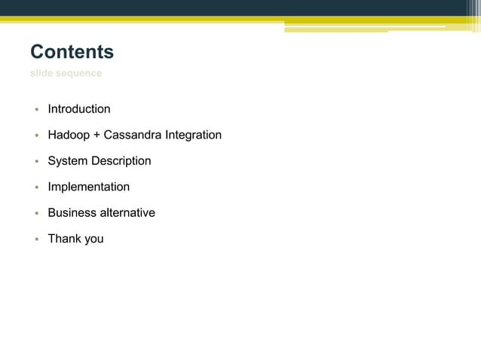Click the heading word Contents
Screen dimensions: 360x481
point(72,52)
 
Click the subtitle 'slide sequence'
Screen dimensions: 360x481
point(66,73)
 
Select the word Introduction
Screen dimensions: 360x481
point(79,109)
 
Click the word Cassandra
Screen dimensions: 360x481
point(132,136)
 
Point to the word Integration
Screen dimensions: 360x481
point(192,136)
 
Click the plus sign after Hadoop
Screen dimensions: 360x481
point(97,136)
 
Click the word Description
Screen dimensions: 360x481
point(121,161)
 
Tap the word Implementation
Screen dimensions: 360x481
point(89,187)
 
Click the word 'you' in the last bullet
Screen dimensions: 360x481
point(94,239)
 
